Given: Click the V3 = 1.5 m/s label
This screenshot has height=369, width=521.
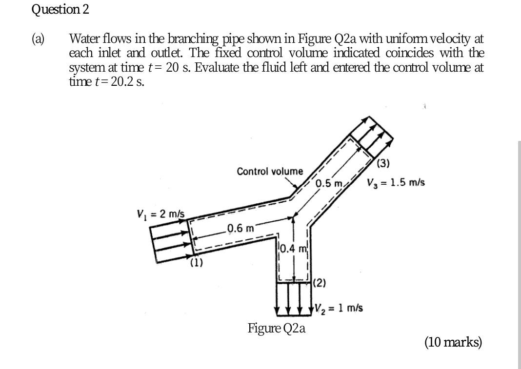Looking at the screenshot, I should pos(396,183).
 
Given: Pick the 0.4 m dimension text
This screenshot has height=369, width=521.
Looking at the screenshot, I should pos(293,250).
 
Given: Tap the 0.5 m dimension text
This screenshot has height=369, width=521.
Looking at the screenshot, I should pos(328,184).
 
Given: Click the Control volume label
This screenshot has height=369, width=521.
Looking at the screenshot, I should pos(269,171).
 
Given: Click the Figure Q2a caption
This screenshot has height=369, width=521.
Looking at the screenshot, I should pos(277,328).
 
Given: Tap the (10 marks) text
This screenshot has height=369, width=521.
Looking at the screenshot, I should pos(453,342).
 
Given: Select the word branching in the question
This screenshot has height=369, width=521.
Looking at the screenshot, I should pos(197,39).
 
